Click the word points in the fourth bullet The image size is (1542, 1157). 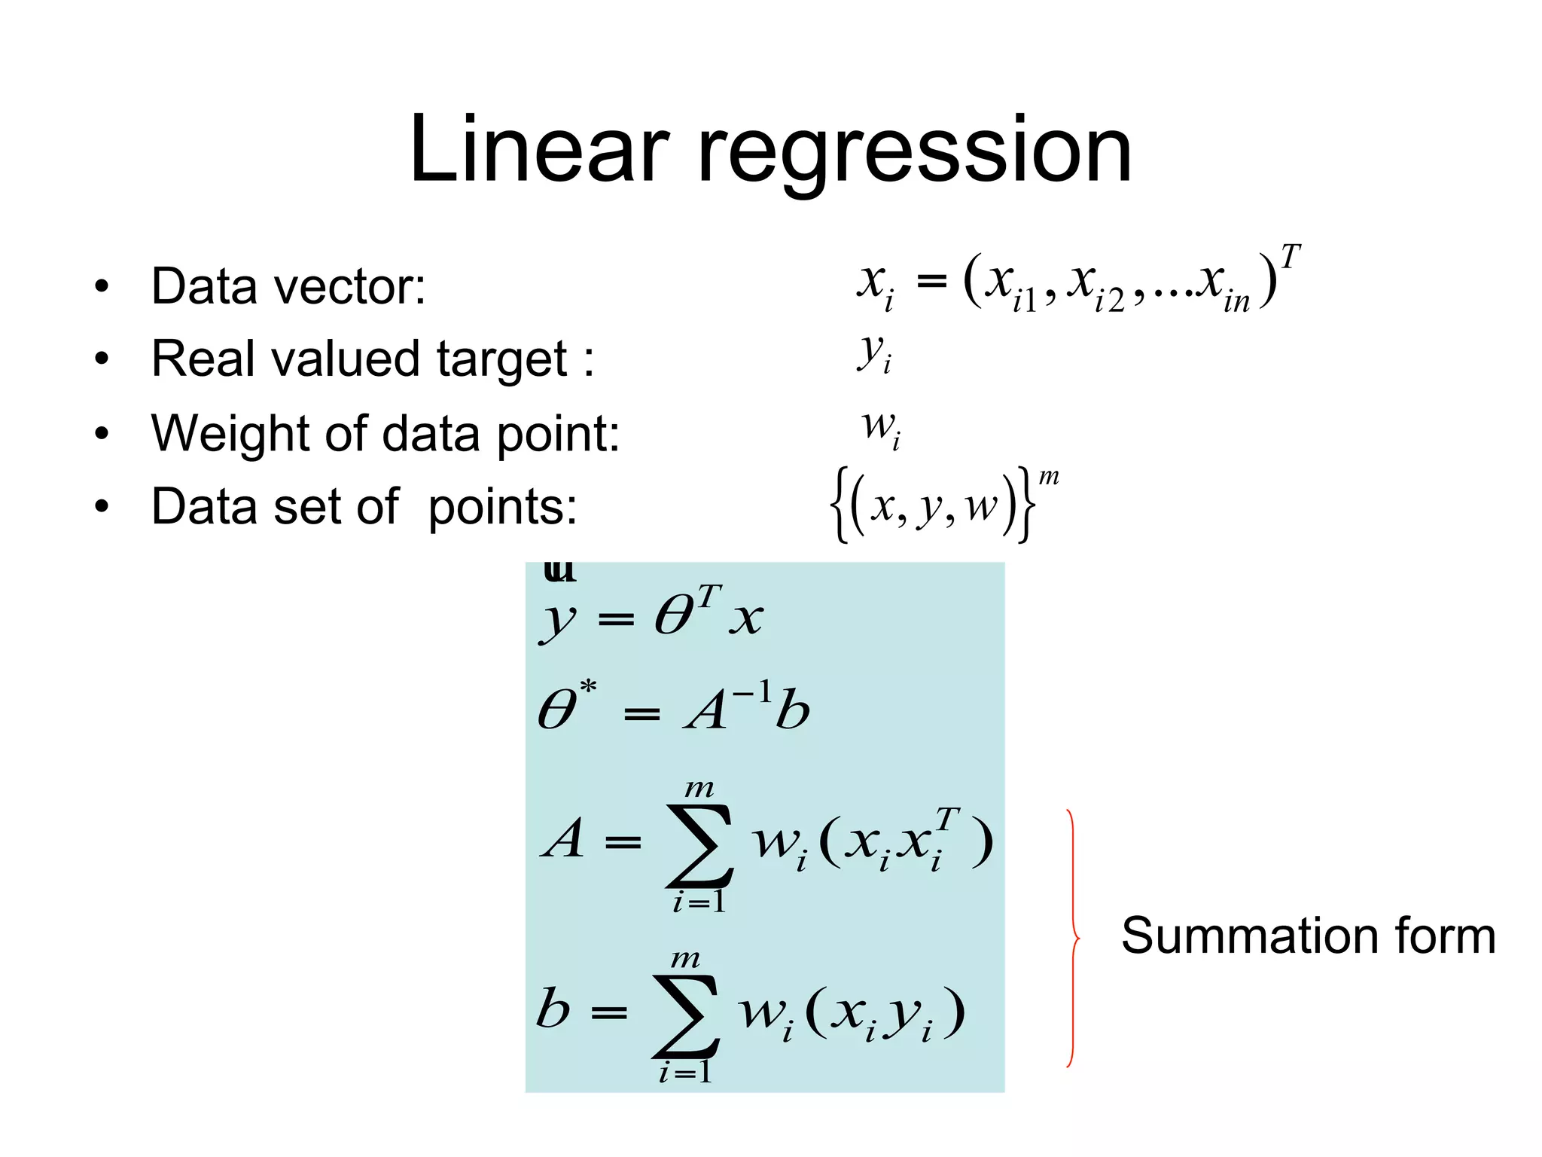coord(502,507)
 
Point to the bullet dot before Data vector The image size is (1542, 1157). coord(102,287)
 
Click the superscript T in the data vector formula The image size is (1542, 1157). coord(1290,257)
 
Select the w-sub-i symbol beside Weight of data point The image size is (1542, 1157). coord(880,427)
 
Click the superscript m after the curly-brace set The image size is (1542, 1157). coord(1049,476)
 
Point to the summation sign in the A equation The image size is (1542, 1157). coord(699,845)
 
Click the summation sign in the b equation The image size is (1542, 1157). coord(686,1015)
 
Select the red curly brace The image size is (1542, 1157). coord(1072,938)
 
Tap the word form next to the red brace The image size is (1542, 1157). coord(1445,936)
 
